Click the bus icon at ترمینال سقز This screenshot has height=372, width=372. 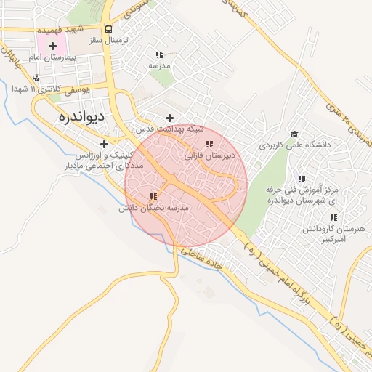108,30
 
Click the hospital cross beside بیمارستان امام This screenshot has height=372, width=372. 52,46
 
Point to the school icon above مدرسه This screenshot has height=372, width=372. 159,54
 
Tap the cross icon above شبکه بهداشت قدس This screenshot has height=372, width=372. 170,118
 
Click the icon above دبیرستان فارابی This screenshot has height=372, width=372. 210,145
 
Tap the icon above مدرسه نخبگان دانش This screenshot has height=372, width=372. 153,196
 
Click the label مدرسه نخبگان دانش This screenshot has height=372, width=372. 154,208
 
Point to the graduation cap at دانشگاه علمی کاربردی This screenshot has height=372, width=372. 294,134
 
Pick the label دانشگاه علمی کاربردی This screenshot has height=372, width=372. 294,145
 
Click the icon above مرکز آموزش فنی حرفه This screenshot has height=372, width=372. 302,179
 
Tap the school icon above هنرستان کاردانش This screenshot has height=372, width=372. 333,217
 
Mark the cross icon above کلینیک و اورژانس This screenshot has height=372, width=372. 105,144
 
